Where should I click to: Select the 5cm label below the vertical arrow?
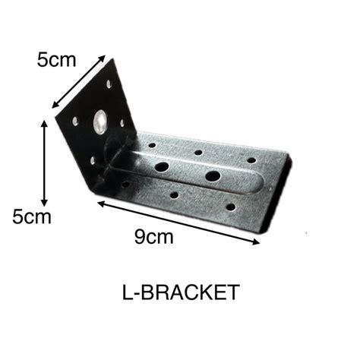[x=32, y=217]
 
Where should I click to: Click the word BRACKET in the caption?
[x=189, y=292]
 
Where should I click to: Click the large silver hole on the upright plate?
[x=98, y=120]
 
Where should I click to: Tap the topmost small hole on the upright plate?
[x=109, y=84]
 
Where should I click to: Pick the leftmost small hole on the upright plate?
[x=75, y=119]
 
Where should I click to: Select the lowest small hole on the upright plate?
[x=93, y=160]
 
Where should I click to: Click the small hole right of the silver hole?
[x=121, y=122]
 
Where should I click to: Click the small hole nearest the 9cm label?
[x=174, y=195]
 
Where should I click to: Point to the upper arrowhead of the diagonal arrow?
[x=104, y=56]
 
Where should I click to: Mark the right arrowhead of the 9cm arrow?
[x=258, y=242]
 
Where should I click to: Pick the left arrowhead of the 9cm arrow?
[x=99, y=202]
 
